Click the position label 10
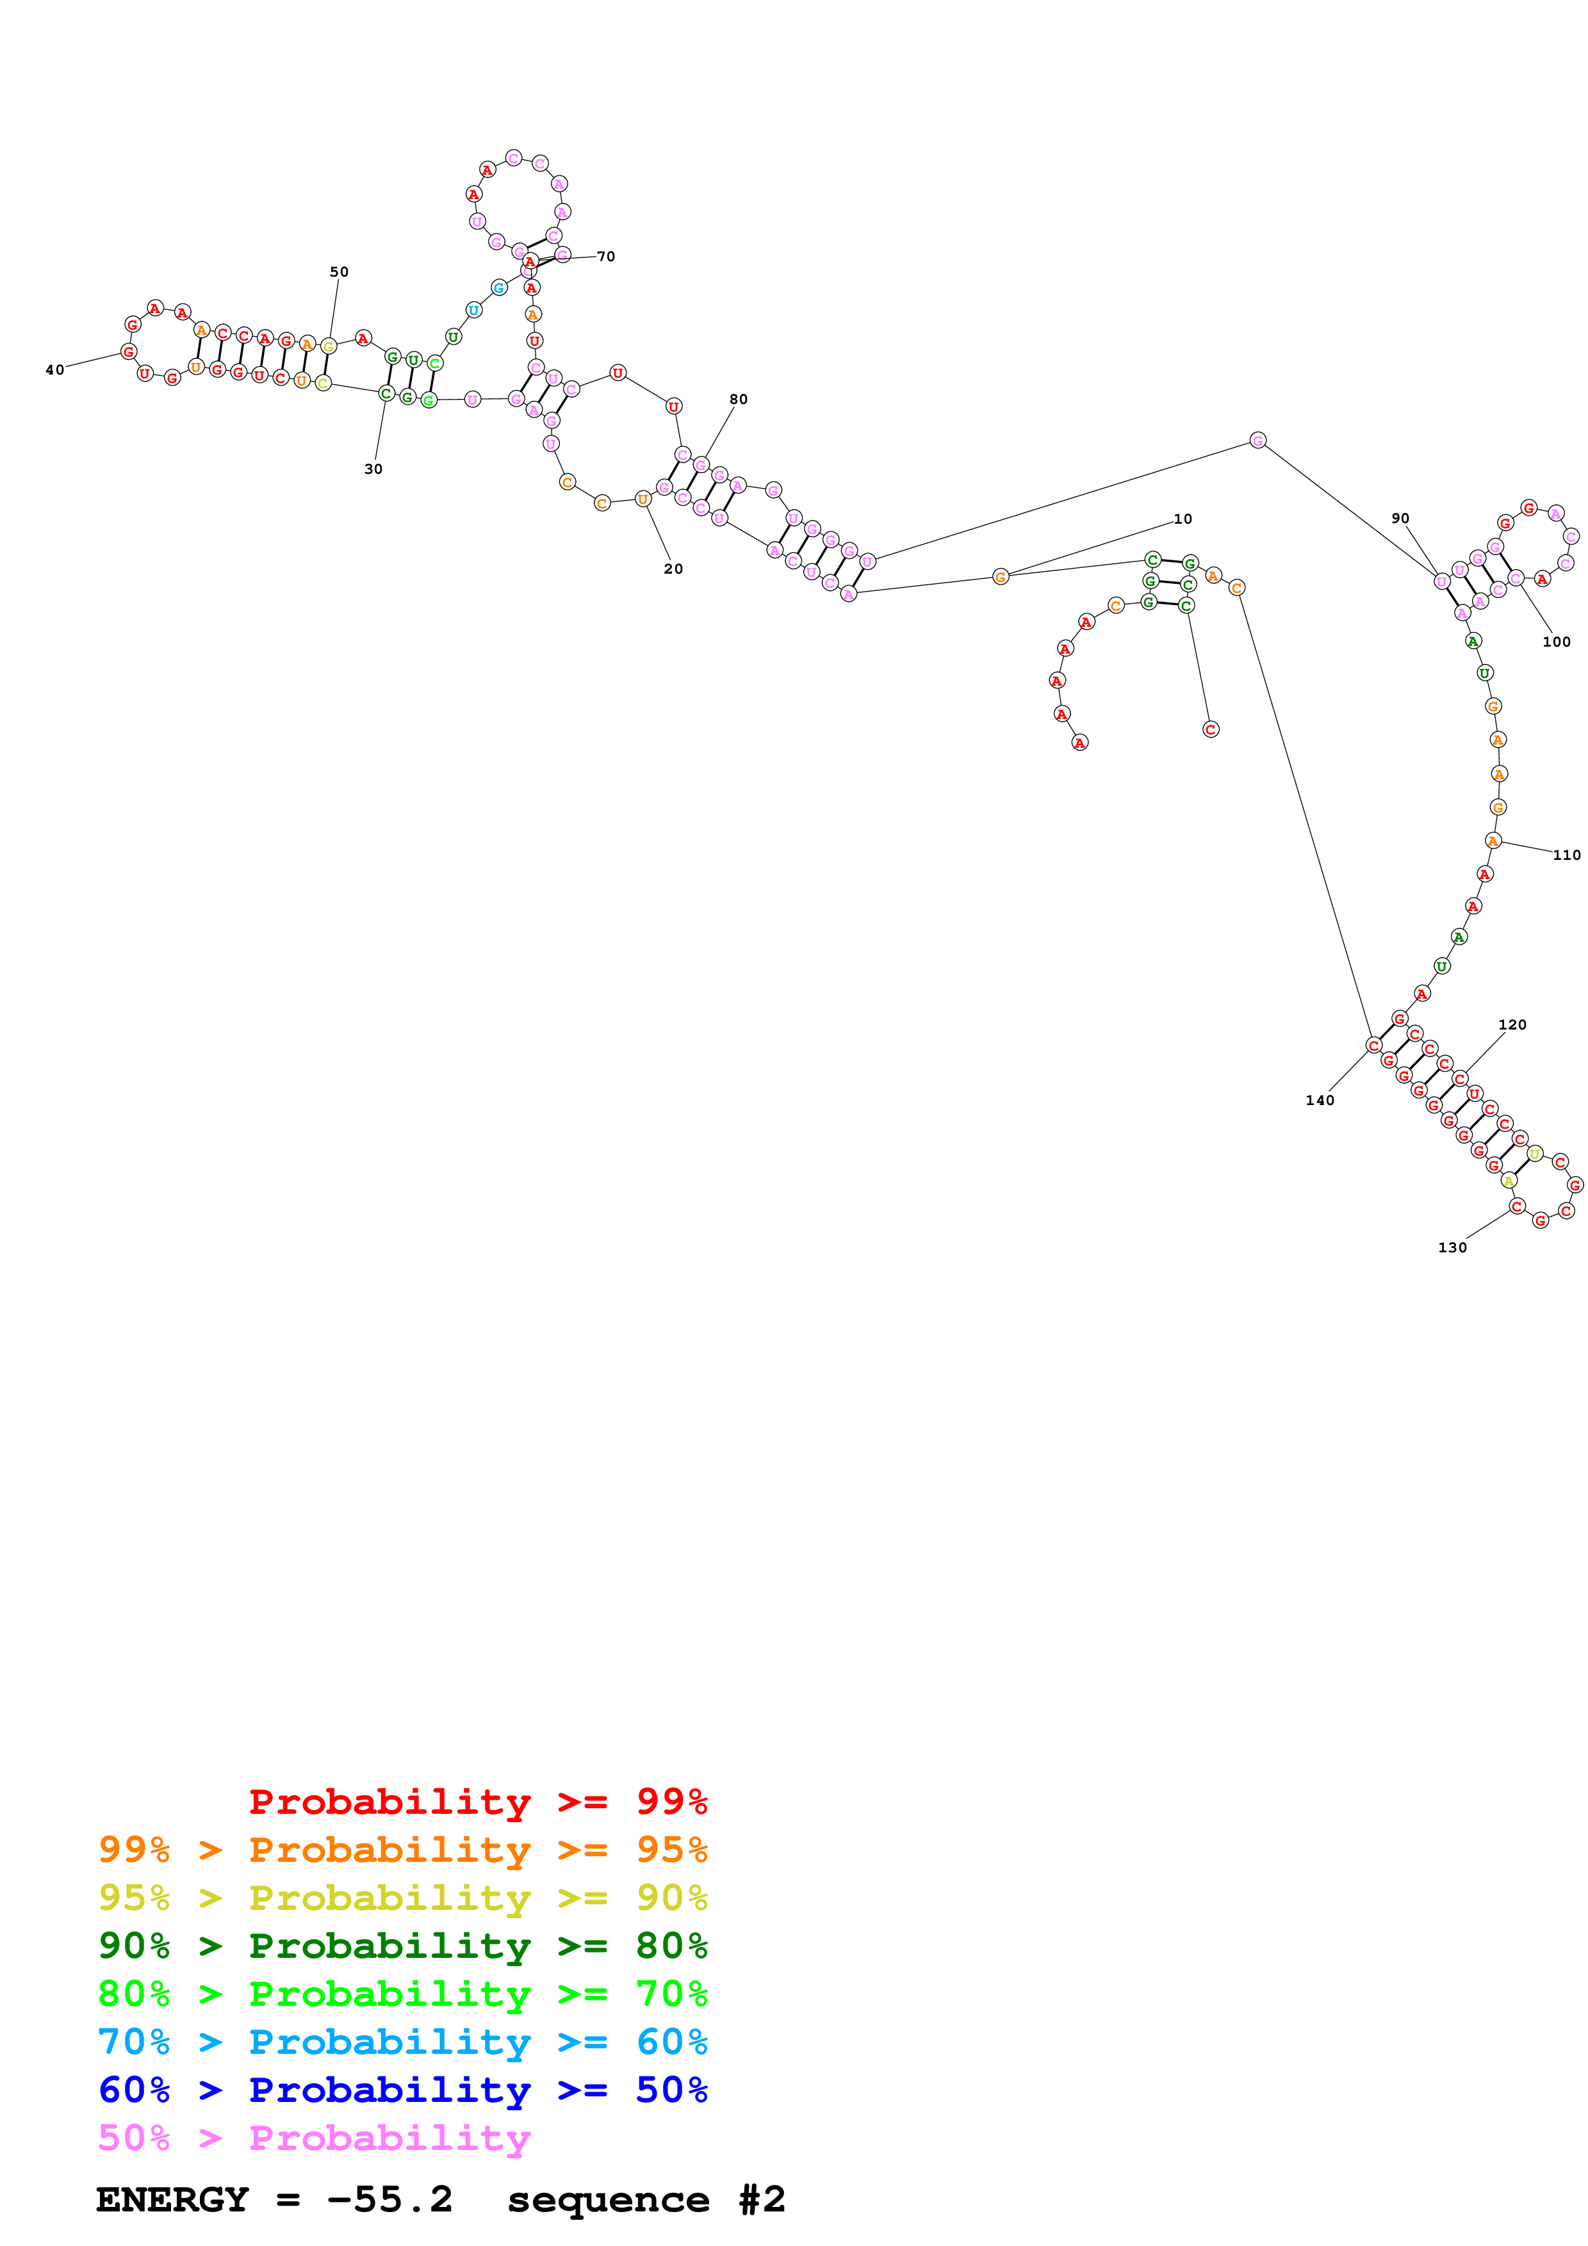point(1183,519)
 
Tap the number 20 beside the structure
point(673,569)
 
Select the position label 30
point(373,469)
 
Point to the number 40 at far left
point(55,371)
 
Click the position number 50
point(338,272)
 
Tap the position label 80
point(738,399)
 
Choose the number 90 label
point(1400,519)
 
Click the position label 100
point(1556,642)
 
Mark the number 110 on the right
point(1566,855)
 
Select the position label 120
point(1512,1025)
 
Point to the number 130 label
point(1452,1247)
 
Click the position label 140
point(1320,1101)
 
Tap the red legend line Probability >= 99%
point(477,1802)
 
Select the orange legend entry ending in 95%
point(402,1850)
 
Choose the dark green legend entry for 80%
point(402,1946)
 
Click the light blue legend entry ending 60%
point(402,2042)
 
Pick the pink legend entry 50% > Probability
point(313,2137)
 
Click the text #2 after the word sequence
point(761,2199)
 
